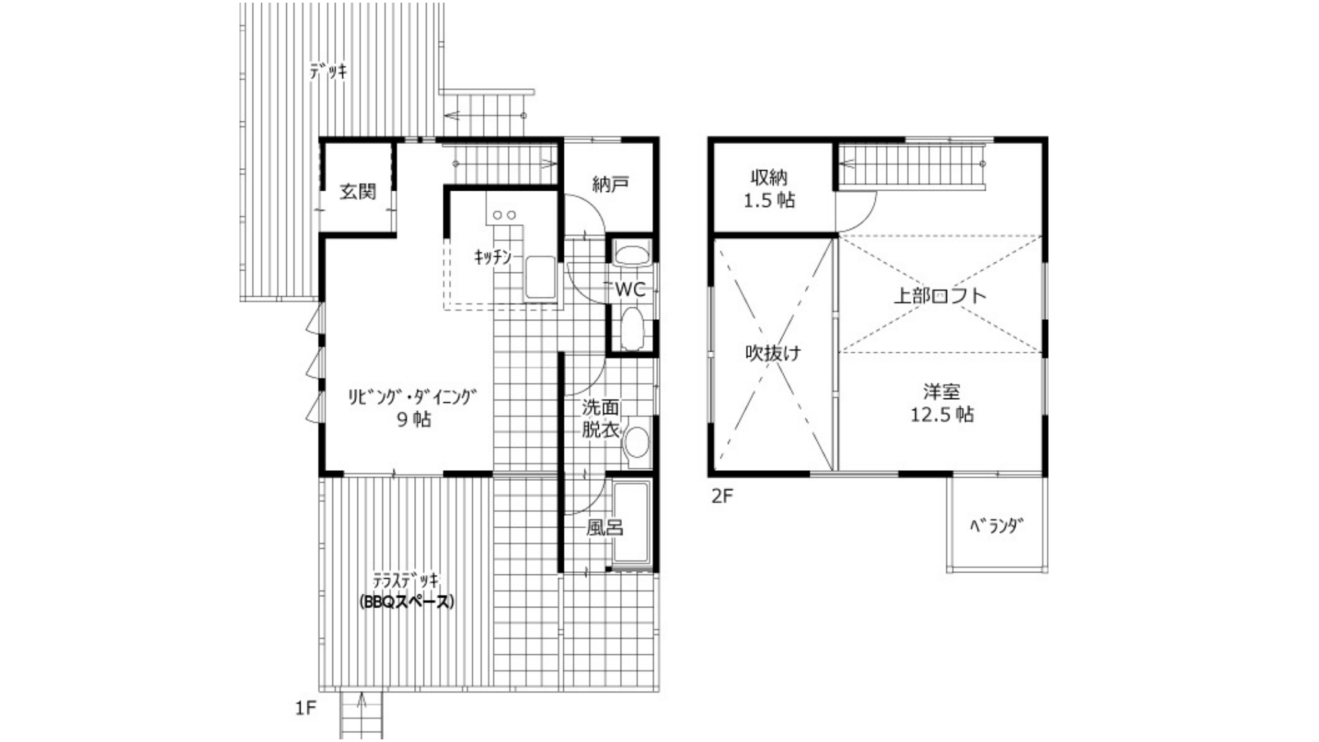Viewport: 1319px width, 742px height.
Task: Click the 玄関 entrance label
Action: coord(358,192)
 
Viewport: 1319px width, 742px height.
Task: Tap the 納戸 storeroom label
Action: coord(610,184)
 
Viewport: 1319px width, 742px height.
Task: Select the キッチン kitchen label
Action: coord(493,257)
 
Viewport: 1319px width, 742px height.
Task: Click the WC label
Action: coord(630,290)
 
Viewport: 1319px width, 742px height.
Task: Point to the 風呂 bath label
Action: coord(605,528)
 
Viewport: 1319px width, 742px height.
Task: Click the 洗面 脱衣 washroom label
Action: coord(600,418)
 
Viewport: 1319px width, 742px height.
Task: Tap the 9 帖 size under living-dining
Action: coord(414,419)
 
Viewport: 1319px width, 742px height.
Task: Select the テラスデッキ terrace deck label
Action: coord(406,580)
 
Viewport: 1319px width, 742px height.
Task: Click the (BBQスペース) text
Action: coord(407,602)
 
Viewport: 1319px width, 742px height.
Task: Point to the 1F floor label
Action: coord(305,708)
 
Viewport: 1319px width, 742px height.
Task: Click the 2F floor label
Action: coord(722,496)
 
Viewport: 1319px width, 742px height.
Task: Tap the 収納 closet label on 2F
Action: coord(769,177)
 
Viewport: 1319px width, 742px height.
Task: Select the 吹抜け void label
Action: coord(773,353)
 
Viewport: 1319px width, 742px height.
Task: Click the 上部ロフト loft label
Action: coord(940,295)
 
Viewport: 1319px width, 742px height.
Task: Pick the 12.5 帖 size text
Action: coord(942,415)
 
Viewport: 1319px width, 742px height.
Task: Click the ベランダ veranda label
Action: coord(997,526)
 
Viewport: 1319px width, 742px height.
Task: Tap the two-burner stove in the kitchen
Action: coord(505,215)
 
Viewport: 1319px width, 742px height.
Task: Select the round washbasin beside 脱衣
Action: coord(636,442)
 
